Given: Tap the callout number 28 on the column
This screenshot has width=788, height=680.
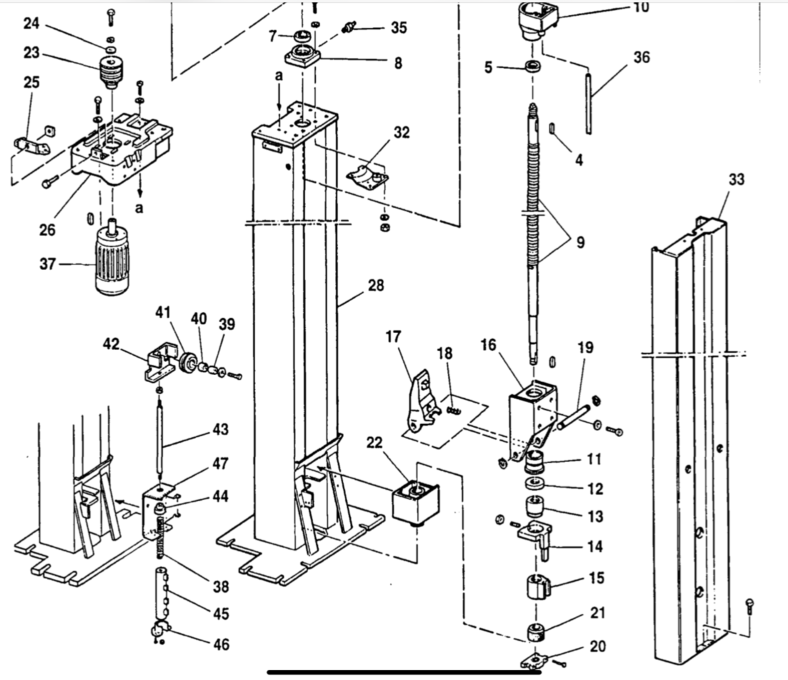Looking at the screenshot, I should click(376, 284).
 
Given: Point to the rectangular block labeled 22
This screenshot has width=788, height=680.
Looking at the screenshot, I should click(415, 501).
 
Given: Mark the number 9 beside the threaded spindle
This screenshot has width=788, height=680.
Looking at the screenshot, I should click(580, 243).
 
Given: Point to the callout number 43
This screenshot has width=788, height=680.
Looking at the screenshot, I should click(221, 429).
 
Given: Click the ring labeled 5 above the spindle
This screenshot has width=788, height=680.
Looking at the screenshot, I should click(532, 66).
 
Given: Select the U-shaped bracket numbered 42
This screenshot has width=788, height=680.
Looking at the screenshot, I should click(158, 362).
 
